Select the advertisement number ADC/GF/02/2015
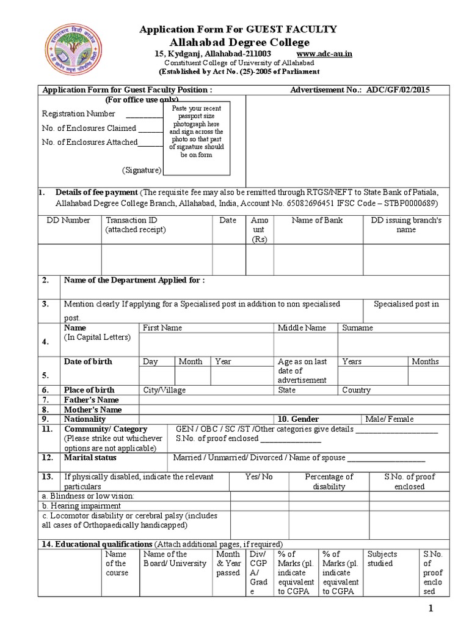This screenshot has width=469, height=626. [398, 90]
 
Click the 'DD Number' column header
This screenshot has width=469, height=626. [69, 220]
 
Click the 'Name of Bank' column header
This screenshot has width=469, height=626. [317, 220]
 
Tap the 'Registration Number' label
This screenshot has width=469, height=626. [78, 114]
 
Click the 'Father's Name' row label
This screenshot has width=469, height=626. [91, 400]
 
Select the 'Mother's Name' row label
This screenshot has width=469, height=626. [93, 410]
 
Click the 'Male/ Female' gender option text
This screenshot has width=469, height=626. [389, 419]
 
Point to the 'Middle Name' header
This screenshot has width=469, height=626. [302, 328]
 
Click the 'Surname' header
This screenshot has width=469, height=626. [357, 328]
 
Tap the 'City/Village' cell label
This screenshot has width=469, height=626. [164, 390]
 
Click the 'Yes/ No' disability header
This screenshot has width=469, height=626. [259, 477]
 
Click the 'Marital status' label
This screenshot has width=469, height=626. [90, 457]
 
